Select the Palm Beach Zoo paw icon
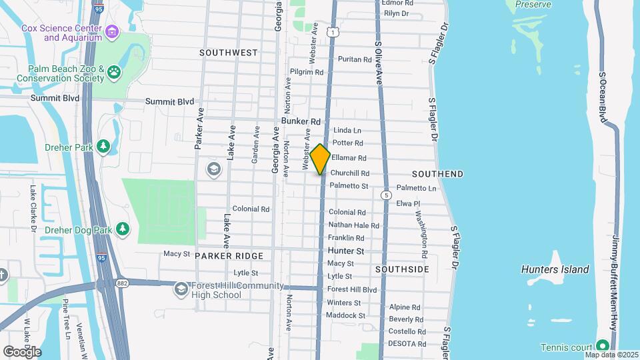point(115,70)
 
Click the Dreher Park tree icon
point(103,146)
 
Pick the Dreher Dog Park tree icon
point(122,229)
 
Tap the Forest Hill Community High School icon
point(180,289)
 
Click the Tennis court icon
point(603,345)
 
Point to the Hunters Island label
point(555,269)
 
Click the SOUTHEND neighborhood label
point(437,174)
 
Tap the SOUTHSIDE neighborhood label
point(402,269)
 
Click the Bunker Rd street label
point(301,121)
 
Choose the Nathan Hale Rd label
point(353,225)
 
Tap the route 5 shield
point(386,195)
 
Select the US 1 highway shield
point(331,32)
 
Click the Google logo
point(21,351)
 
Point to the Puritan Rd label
point(354,59)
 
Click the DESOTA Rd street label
point(407,343)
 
